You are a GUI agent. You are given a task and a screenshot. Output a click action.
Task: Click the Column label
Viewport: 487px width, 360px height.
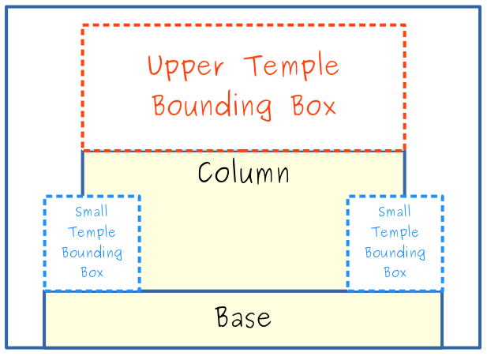(243, 173)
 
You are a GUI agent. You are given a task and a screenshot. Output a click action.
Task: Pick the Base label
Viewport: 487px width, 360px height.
(243, 317)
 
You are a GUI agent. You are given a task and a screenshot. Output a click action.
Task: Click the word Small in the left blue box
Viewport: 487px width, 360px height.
(92, 212)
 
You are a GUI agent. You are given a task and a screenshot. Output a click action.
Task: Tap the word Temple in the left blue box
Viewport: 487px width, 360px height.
(92, 232)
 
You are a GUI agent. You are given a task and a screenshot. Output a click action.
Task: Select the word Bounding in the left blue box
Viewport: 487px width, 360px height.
(92, 253)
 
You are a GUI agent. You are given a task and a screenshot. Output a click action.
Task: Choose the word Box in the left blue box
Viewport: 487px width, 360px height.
(92, 272)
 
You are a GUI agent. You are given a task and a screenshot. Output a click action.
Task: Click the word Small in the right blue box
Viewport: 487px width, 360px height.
(395, 212)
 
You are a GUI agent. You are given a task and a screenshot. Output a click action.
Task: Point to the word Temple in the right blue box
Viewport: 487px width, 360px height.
(395, 232)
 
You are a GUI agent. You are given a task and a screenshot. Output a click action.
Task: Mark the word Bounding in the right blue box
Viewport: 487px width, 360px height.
(395, 253)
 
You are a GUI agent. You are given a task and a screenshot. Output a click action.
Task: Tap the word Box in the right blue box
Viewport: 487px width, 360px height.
(395, 272)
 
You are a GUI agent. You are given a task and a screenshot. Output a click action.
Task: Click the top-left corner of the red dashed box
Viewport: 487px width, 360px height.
(83, 25)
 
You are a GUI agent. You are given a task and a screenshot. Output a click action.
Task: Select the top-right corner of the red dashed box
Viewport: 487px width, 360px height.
(404, 25)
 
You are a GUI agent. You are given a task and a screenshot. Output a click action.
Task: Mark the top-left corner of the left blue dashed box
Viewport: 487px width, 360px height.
(44, 197)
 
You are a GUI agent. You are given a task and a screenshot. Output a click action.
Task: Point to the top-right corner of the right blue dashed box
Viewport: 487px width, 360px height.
(442, 197)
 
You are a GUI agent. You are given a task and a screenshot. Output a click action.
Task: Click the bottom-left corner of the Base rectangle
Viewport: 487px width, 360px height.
(44, 347)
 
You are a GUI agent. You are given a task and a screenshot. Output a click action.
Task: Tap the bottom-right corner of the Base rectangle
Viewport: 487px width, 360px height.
(442, 347)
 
